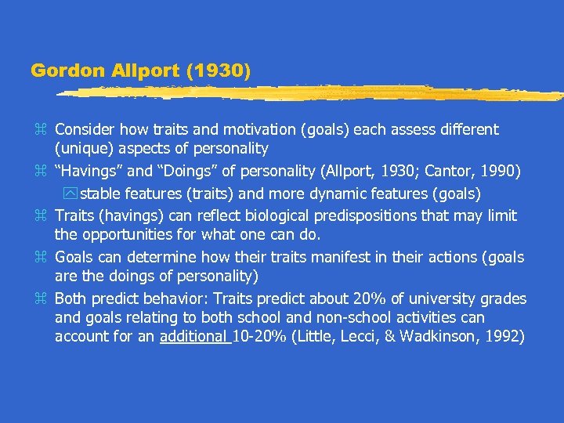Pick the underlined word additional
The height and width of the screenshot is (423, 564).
point(193,337)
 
